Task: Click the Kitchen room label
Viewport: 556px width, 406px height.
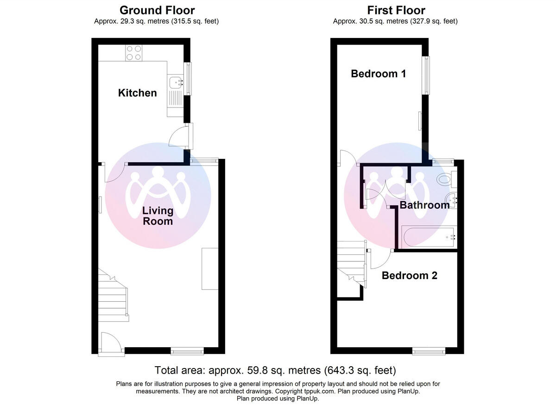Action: coord(138,93)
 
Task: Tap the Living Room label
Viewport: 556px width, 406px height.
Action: coord(158,216)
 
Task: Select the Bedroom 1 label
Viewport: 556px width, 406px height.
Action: coord(379,74)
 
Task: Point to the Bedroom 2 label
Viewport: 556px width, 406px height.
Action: coord(409,276)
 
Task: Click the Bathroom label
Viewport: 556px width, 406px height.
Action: coord(424,205)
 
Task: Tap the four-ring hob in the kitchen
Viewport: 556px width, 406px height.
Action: coord(133,52)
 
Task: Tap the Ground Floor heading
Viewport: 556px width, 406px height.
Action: coord(157,10)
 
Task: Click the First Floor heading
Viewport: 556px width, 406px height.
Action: coord(396,10)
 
